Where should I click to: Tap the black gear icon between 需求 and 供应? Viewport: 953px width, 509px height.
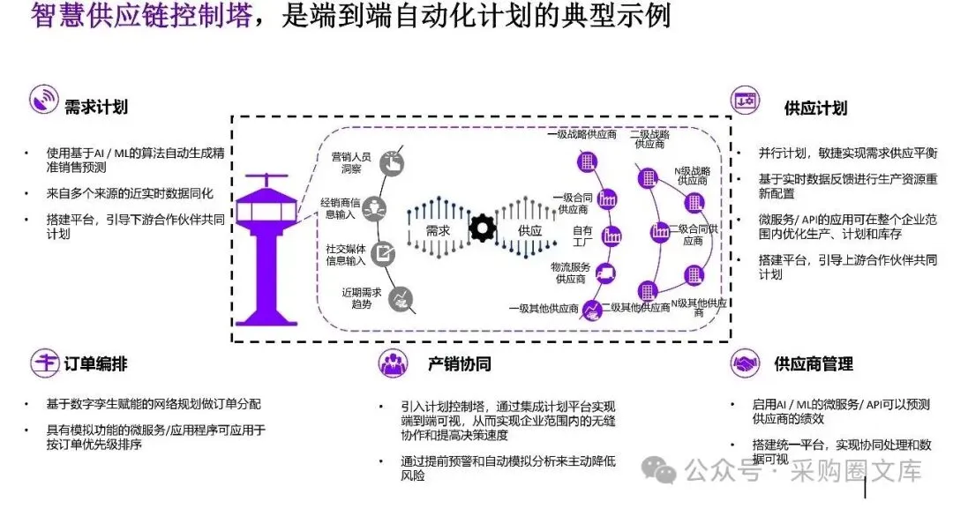[x=483, y=228]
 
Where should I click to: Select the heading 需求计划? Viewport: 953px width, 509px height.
[x=96, y=107]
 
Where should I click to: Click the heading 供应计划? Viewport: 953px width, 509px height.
[x=815, y=108]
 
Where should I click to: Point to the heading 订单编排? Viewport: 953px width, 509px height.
[x=96, y=363]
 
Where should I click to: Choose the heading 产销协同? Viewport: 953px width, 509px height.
[x=460, y=363]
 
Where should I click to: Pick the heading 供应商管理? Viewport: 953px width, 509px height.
[x=813, y=363]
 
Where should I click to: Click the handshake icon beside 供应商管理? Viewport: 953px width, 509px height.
[x=746, y=363]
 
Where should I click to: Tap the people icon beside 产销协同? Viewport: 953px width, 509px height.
[x=393, y=363]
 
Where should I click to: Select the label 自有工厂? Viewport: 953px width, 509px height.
[x=582, y=236]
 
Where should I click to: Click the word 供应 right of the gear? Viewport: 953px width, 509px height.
[x=529, y=228]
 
